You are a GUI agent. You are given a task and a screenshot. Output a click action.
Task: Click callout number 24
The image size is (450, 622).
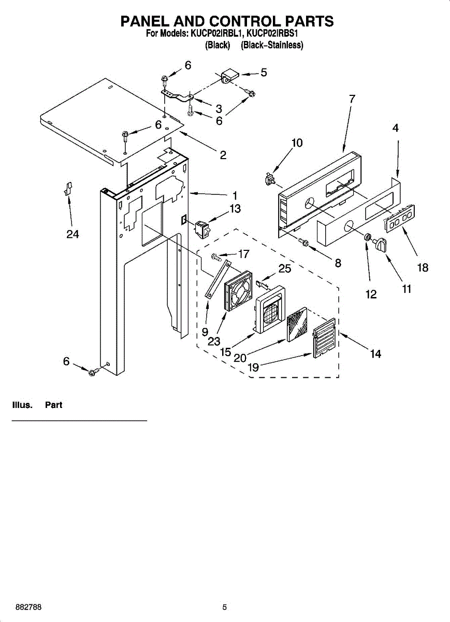72,234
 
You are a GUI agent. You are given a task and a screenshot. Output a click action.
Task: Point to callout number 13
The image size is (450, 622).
235,208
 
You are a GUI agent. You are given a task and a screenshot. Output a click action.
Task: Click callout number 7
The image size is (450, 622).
352,98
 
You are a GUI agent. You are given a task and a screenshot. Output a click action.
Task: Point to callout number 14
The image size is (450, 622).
375,354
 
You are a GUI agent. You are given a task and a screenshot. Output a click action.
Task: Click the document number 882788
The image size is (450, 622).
28,607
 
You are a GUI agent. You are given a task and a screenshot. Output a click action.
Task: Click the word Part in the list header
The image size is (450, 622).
53,405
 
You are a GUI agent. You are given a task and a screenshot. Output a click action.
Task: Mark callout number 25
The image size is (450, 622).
284,268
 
